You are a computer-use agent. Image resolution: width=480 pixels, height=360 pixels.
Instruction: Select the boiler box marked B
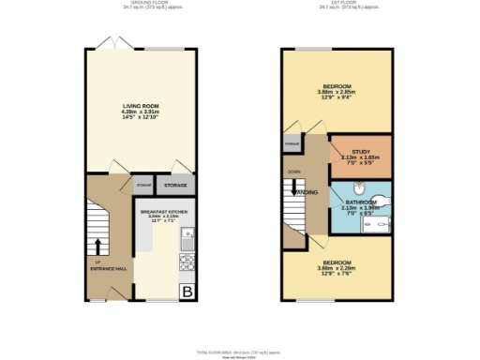click(187, 292)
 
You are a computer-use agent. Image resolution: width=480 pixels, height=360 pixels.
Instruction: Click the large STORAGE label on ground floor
click(176, 185)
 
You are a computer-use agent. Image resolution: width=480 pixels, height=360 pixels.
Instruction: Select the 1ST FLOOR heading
click(337, 4)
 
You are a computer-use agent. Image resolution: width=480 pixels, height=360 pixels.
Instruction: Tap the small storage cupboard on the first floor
click(291, 144)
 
